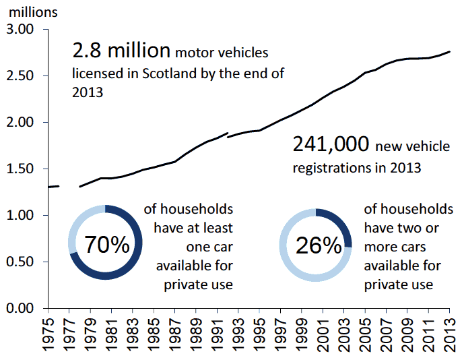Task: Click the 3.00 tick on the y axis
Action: click(x=20, y=30)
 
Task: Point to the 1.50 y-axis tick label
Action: click(x=20, y=169)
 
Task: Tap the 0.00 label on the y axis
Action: click(x=20, y=308)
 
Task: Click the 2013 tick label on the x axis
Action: click(x=449, y=334)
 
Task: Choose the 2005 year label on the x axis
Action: click(x=366, y=334)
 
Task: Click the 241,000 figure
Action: click(x=331, y=144)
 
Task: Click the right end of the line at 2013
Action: click(x=449, y=52)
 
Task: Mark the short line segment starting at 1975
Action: click(x=55, y=186)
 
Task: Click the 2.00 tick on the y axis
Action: click(x=20, y=123)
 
